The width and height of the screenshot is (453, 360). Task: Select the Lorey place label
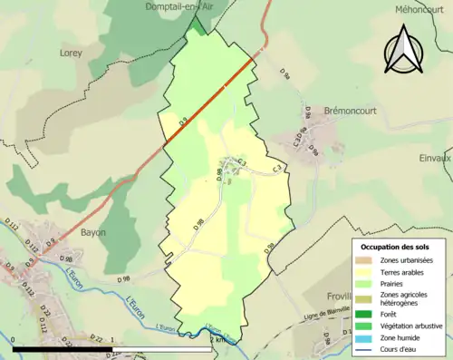tap(71, 53)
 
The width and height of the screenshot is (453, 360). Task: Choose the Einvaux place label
tap(437, 158)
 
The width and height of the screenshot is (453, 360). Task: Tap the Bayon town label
tap(93, 232)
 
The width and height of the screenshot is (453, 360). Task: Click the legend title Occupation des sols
tap(397, 246)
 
